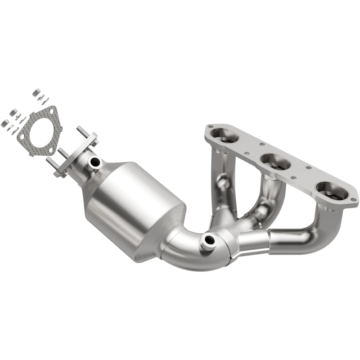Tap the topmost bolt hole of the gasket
pyautogui.click(x=54, y=110)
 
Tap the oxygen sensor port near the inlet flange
pyautogui.click(x=94, y=161)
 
